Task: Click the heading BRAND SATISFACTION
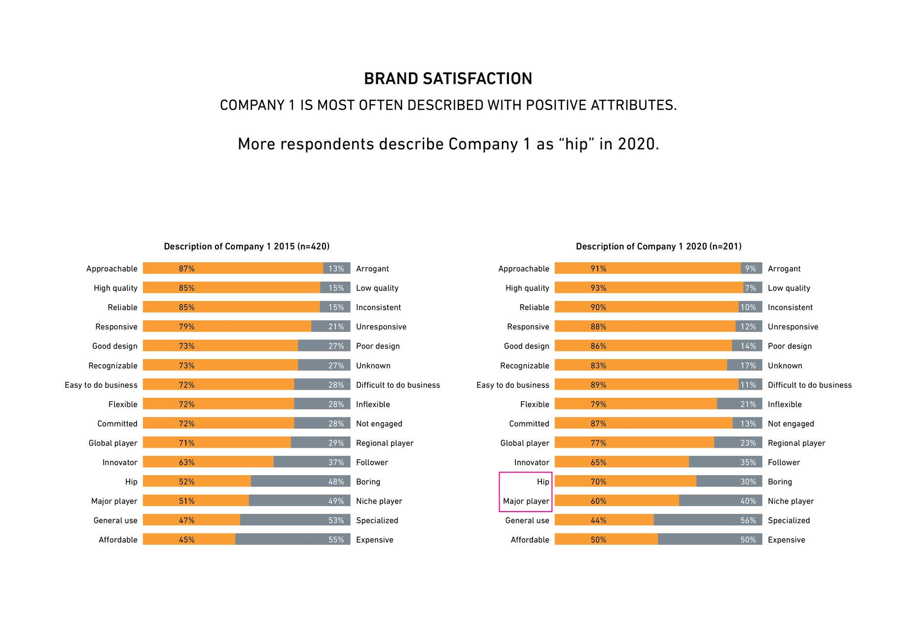[x=448, y=79]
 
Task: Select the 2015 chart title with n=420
[x=247, y=246]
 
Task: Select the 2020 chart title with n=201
[x=658, y=246]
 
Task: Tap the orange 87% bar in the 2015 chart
[x=233, y=268]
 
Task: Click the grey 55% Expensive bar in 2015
[x=292, y=539]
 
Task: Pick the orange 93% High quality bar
[x=649, y=287]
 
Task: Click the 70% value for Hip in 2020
[x=598, y=481]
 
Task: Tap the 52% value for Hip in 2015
[x=186, y=481]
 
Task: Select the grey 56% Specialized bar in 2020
[x=708, y=520]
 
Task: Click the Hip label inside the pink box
[x=542, y=481]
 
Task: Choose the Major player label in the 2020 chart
[x=526, y=501]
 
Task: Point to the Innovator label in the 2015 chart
[x=120, y=462]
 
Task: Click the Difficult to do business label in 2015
[x=398, y=385]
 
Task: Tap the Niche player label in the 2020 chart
[x=791, y=501]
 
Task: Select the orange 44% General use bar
[x=604, y=520]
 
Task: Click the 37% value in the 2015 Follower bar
[x=336, y=462]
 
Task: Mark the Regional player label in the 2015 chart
[x=385, y=443]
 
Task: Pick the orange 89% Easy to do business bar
[x=646, y=385]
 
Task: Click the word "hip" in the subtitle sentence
[x=577, y=144]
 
